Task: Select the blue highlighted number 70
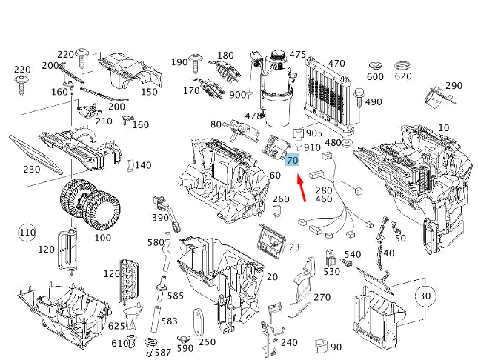[x=291, y=160]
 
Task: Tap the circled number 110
[x=27, y=233]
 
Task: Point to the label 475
[x=297, y=55]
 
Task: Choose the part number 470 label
[x=336, y=64]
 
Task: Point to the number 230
[x=31, y=169]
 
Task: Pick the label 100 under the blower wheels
[x=102, y=238]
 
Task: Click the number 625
[x=117, y=326]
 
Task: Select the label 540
[x=353, y=254]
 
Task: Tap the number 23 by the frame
[x=294, y=247]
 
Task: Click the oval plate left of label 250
[x=198, y=324]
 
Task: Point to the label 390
[x=161, y=217]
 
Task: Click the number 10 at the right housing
[x=443, y=128]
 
